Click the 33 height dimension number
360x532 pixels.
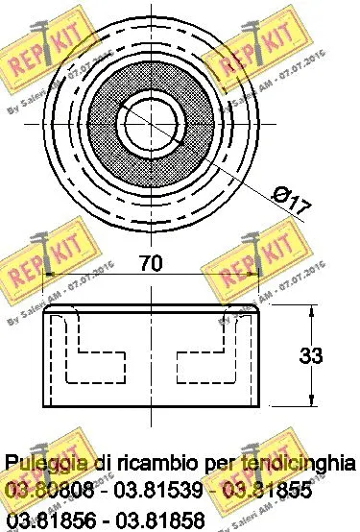tap(310, 356)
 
